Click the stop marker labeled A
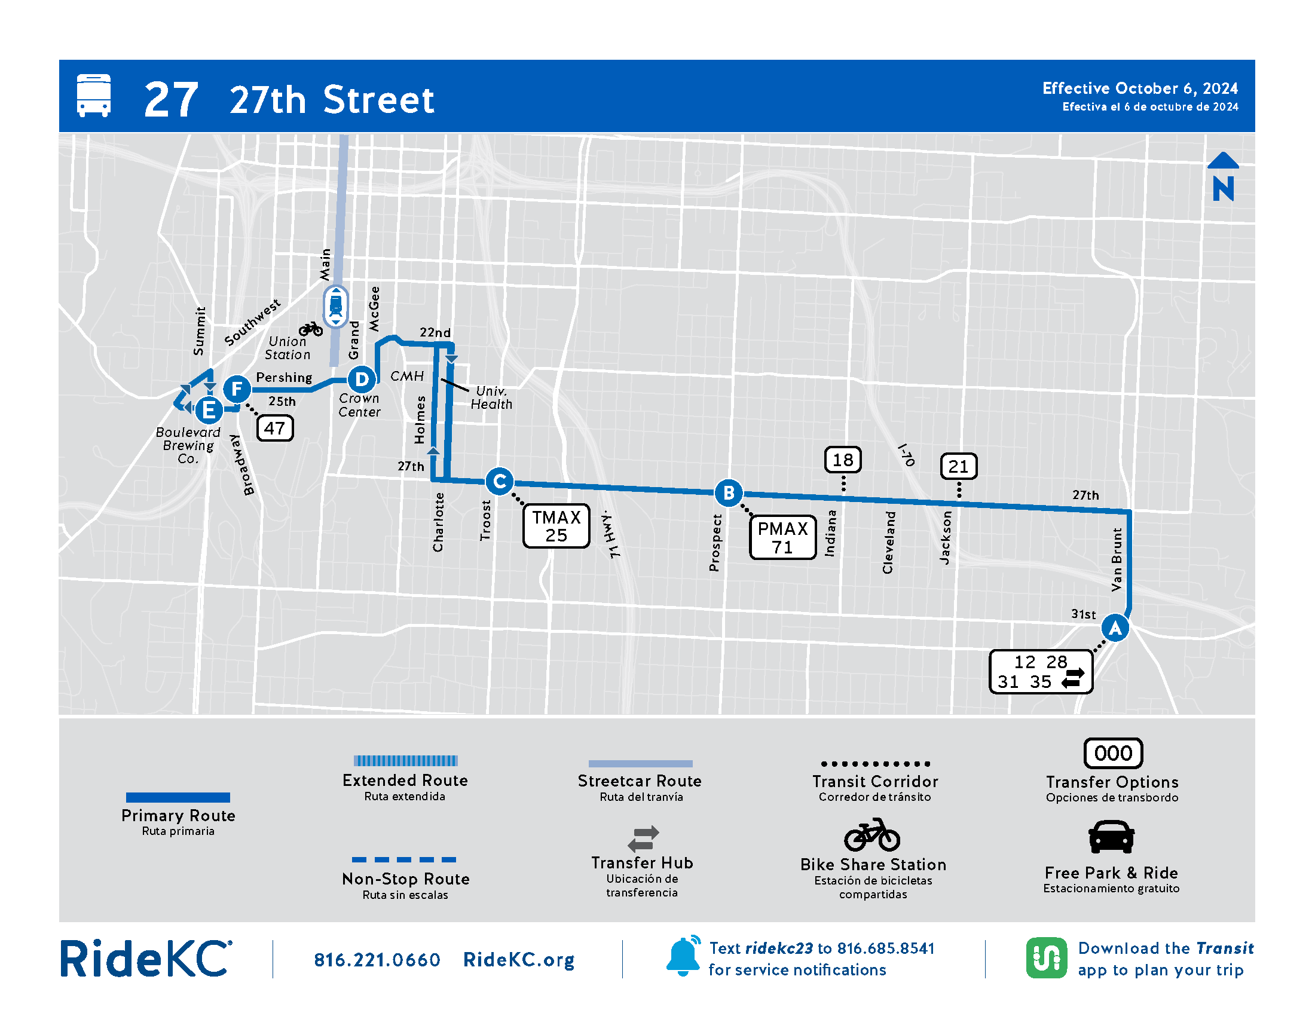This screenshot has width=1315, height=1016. (1115, 628)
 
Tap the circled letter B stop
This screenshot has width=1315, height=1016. (728, 492)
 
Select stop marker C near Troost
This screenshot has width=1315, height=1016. (499, 481)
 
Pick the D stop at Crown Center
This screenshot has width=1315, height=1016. (361, 379)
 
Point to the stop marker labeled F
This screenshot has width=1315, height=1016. (237, 388)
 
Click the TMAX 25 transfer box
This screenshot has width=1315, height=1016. (556, 526)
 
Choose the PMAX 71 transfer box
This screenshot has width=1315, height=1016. (782, 537)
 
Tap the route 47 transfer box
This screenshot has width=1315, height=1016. (274, 428)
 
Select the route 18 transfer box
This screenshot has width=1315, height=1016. (842, 460)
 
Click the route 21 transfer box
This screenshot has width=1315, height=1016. (958, 466)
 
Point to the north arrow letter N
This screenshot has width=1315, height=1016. (1223, 188)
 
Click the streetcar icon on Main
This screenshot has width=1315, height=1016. (335, 307)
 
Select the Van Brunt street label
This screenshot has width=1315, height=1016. (1117, 559)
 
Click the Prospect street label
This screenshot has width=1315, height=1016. (715, 542)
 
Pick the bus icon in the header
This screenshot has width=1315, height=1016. (94, 95)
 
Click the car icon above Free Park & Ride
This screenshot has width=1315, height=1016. (1111, 837)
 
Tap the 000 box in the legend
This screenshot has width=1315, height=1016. (1113, 753)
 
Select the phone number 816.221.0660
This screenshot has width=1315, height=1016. (377, 959)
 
